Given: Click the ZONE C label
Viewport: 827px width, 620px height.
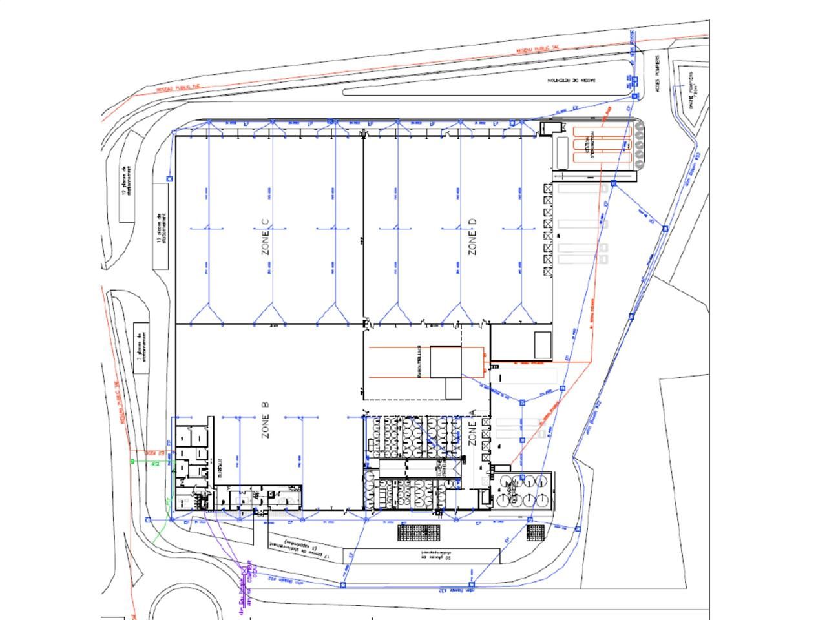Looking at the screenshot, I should click(266, 237).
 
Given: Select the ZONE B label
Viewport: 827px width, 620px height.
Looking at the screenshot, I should click(265, 420).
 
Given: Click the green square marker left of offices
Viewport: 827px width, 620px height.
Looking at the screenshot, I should click(133, 461).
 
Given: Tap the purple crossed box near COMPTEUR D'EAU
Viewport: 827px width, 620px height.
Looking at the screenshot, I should click(244, 571).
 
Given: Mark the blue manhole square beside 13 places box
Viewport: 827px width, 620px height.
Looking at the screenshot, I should click(170, 179).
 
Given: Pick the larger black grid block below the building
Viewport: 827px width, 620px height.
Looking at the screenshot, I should click(419, 533).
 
